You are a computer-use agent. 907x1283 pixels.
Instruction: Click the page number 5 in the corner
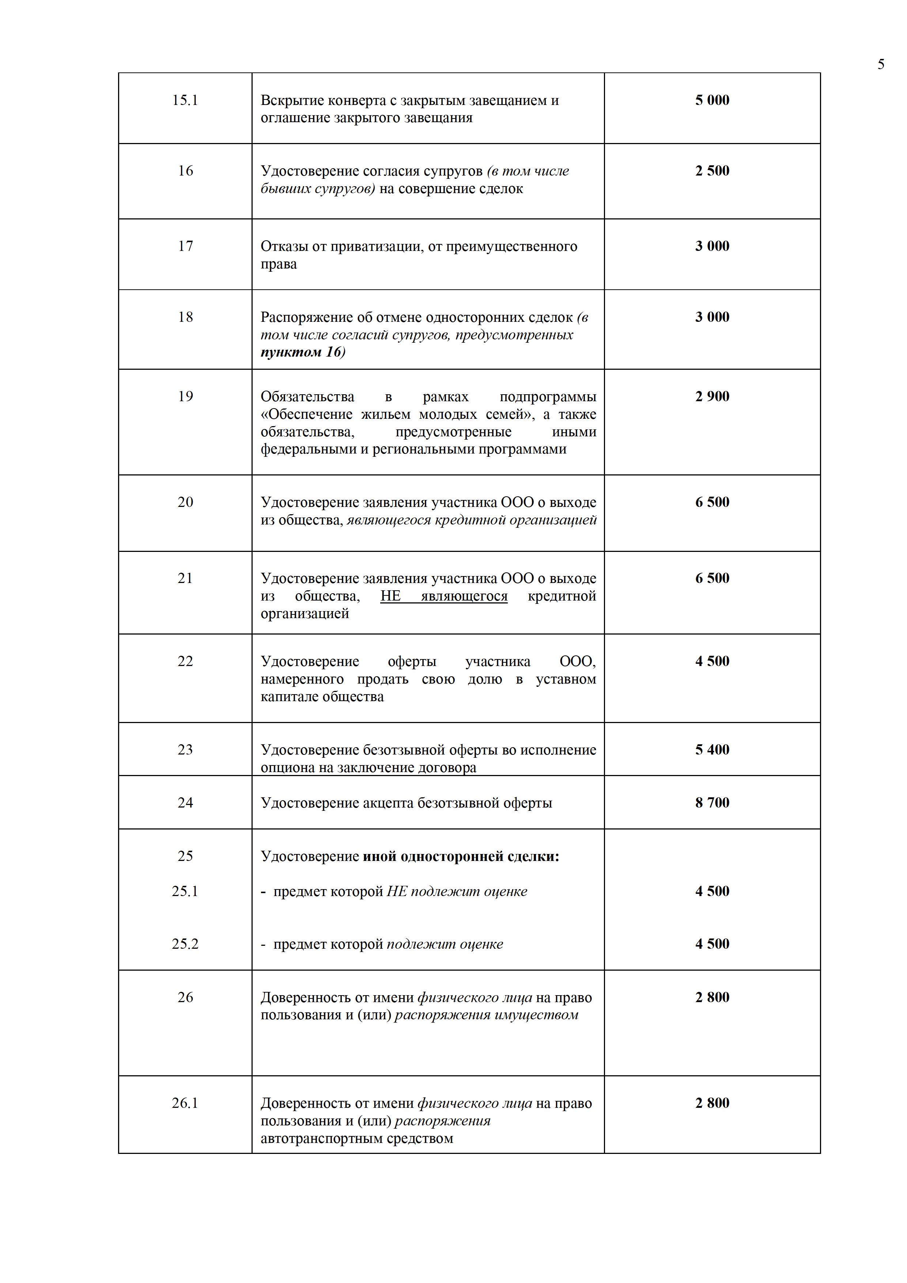coord(881,65)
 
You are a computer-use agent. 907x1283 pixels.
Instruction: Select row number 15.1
coord(185,101)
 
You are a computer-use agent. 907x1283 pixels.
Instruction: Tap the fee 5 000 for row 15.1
coord(712,101)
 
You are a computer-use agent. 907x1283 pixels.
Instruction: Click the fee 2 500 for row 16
coord(712,171)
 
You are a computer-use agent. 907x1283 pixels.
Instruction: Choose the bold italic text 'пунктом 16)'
coord(303,352)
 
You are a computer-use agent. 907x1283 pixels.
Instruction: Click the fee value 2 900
coord(712,397)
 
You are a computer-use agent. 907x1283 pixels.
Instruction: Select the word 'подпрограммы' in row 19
coord(547,397)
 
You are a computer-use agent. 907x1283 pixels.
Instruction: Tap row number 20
coord(185,503)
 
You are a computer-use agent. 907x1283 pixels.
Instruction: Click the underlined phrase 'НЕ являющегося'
coord(444,596)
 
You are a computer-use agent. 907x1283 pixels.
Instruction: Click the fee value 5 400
coord(712,750)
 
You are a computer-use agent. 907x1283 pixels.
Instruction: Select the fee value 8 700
coord(712,803)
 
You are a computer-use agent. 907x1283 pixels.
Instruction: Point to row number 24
coord(185,803)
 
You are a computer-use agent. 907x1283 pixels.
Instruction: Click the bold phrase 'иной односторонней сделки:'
coord(461,857)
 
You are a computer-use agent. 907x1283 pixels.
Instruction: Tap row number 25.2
coord(185,944)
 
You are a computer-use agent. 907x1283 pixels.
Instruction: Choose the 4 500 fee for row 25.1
coord(712,891)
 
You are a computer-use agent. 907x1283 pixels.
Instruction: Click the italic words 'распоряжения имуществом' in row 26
coord(486,1015)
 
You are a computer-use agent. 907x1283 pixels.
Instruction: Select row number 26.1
coord(185,1103)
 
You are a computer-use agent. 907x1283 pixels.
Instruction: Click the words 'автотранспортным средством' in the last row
coord(356,1138)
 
